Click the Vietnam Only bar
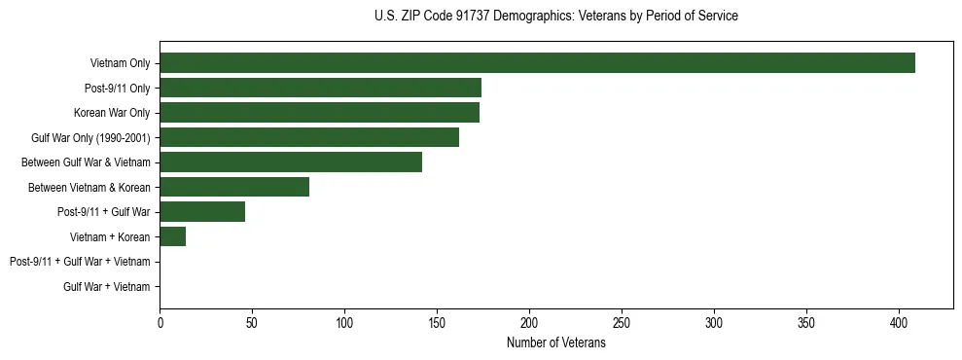click(537, 63)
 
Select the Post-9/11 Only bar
click(320, 88)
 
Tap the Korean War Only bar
click(319, 113)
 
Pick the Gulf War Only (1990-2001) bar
click(309, 137)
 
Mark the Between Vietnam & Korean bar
click(234, 187)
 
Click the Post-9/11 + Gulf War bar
click(202, 212)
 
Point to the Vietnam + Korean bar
click(172, 236)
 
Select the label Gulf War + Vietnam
click(106, 287)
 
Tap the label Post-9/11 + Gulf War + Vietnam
click(80, 262)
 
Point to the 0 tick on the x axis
click(160, 322)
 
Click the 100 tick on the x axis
click(344, 322)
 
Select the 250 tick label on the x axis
click(622, 322)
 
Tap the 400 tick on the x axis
click(899, 322)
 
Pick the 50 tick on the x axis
click(252, 322)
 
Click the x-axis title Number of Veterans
click(555, 343)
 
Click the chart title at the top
click(555, 17)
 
